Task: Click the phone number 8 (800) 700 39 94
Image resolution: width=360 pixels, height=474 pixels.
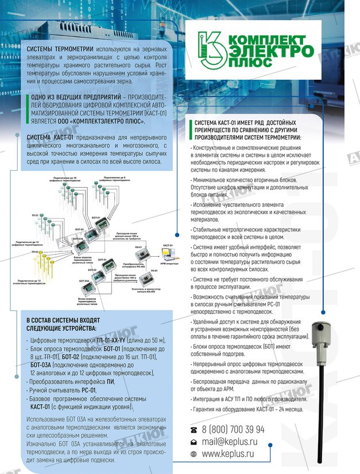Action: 233,429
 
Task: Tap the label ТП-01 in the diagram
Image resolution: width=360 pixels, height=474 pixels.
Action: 36,214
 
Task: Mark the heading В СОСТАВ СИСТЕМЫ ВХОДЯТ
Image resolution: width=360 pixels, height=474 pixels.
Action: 63,319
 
